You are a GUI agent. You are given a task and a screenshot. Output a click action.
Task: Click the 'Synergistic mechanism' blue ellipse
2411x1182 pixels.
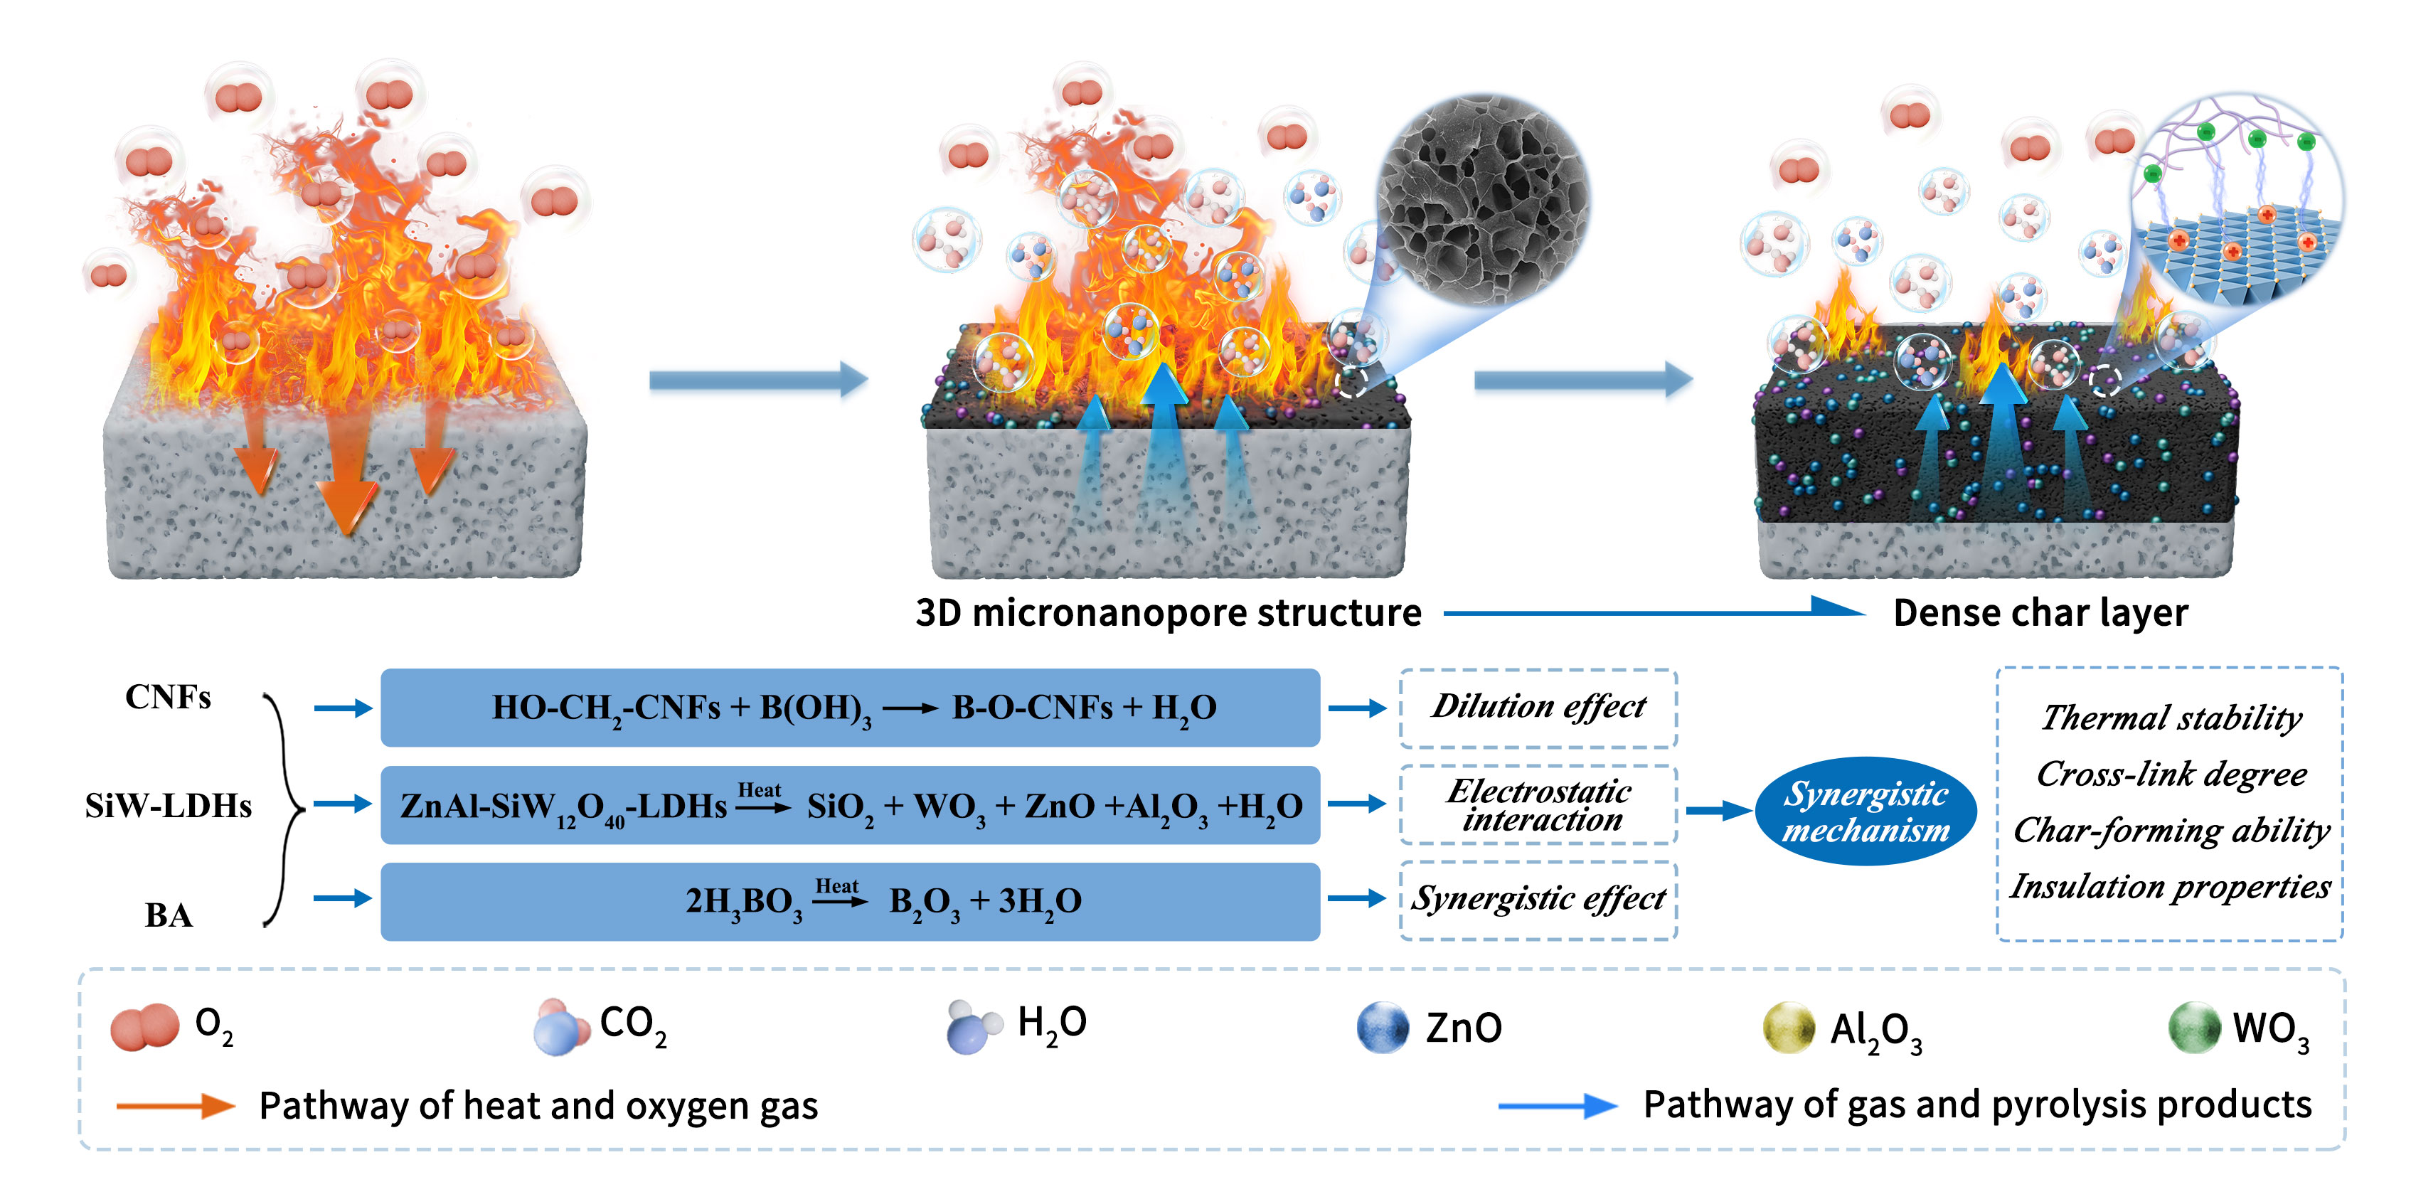[x=1866, y=811]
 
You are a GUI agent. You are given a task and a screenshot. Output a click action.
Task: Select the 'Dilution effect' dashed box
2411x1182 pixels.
[x=1538, y=708]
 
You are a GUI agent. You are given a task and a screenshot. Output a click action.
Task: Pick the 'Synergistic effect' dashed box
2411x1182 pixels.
[x=1538, y=900]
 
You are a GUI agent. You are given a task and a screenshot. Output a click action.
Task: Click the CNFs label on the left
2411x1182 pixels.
[x=169, y=697]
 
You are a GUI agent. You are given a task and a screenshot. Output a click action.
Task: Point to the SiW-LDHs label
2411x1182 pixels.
[x=169, y=806]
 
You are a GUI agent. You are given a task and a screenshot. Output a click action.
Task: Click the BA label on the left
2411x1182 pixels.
[x=169, y=915]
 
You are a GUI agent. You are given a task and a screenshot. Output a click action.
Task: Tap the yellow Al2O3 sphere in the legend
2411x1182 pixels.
[x=1789, y=1028]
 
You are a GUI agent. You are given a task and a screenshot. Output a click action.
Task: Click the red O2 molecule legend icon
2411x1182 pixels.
[x=145, y=1027]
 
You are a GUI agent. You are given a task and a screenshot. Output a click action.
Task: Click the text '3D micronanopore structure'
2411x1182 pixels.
[x=1168, y=613]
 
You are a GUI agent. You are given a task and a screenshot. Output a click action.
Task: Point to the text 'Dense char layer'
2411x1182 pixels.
[x=2040, y=613]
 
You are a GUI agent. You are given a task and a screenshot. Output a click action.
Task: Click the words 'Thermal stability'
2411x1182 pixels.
[x=2171, y=718]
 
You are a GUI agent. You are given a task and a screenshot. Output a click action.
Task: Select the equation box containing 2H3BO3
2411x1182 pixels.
[x=850, y=901]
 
